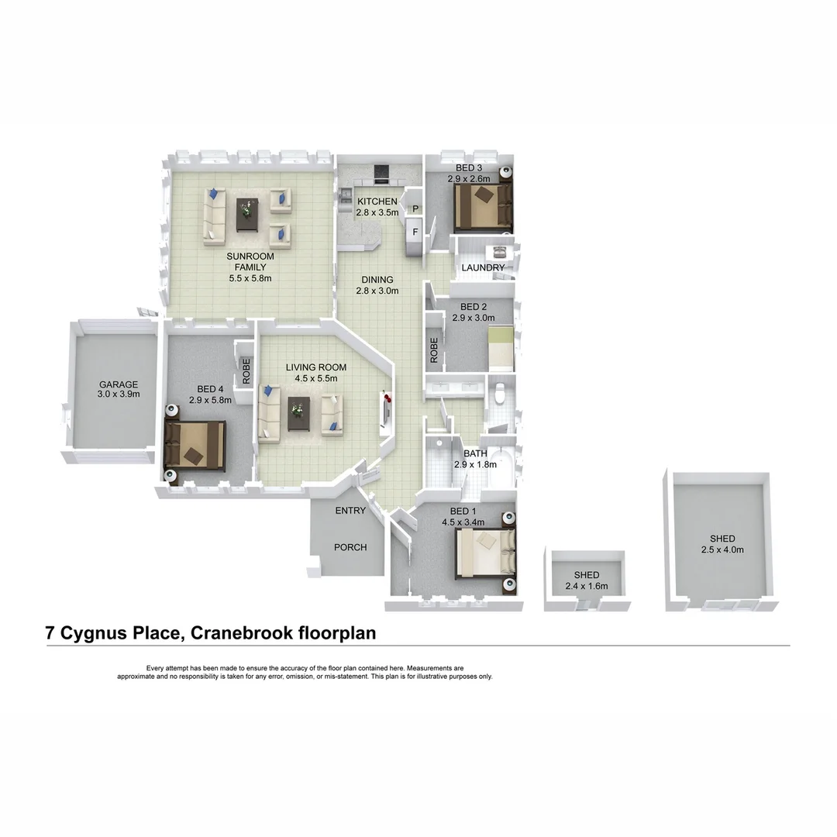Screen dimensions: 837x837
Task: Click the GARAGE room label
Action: (118, 384)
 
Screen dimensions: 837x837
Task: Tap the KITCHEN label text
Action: (377, 202)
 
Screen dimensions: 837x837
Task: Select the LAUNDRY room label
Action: (483, 268)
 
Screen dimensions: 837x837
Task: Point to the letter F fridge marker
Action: (415, 231)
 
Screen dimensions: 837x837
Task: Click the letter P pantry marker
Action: (415, 209)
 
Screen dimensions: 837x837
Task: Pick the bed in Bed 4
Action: (195, 446)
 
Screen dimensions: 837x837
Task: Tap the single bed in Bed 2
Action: (501, 348)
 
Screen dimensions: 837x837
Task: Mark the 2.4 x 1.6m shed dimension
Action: (587, 587)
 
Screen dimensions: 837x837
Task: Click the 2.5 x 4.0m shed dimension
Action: (722, 550)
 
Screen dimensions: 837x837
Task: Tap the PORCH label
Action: (350, 547)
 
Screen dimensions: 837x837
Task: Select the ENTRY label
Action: (350, 511)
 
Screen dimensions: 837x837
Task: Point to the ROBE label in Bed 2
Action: (434, 350)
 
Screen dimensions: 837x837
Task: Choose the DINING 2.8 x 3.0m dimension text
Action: (377, 291)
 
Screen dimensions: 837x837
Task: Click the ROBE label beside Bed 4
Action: (246, 370)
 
